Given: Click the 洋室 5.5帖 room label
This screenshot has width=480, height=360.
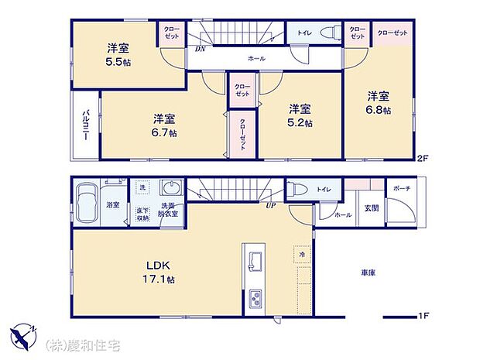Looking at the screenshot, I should (x=118, y=53).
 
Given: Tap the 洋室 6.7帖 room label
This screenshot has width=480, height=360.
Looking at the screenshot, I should (x=163, y=125).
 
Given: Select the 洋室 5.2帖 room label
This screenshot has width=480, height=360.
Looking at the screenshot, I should (x=300, y=115).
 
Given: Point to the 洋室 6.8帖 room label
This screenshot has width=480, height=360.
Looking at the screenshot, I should (x=379, y=103).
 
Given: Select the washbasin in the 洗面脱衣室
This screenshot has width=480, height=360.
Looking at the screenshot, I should (x=170, y=190).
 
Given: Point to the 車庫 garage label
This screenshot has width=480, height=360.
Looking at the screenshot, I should (x=369, y=273).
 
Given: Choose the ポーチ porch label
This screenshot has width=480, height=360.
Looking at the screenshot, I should (x=401, y=188).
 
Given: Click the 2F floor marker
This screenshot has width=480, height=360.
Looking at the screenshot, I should (x=422, y=159).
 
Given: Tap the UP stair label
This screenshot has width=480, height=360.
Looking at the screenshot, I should (x=270, y=205).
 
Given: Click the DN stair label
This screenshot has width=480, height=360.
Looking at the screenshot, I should (x=200, y=49).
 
